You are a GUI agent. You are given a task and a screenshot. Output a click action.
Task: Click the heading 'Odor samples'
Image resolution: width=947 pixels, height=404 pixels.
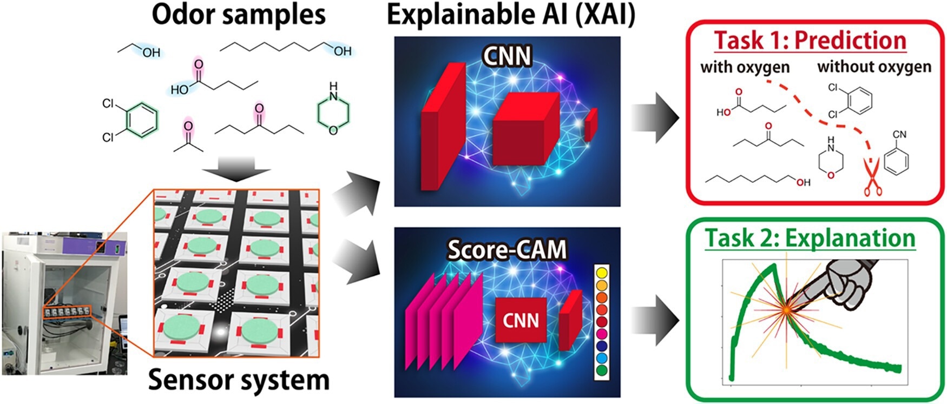click(239, 15)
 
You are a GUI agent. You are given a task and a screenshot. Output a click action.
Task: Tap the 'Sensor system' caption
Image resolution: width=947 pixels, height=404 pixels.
click(239, 380)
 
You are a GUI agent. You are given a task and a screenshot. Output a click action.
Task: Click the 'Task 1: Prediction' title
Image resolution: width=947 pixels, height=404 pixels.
click(810, 41)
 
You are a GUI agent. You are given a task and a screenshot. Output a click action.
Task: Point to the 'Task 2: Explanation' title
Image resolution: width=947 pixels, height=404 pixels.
click(810, 238)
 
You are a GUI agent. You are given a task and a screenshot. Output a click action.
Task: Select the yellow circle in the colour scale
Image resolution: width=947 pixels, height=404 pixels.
click(601, 273)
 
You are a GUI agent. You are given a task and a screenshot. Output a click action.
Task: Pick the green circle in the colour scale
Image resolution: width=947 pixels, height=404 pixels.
click(601, 370)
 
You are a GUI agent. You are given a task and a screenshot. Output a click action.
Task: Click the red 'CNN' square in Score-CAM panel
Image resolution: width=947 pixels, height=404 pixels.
click(521, 321)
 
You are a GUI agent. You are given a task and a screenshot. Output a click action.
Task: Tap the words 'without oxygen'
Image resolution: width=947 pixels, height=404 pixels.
click(874, 67)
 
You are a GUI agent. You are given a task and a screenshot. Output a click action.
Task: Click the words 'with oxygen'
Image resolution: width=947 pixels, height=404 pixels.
click(745, 67)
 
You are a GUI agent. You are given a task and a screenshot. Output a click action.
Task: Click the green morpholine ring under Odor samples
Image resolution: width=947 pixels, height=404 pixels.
click(333, 113)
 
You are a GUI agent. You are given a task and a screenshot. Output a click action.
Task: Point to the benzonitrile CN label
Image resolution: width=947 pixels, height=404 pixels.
click(899, 134)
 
